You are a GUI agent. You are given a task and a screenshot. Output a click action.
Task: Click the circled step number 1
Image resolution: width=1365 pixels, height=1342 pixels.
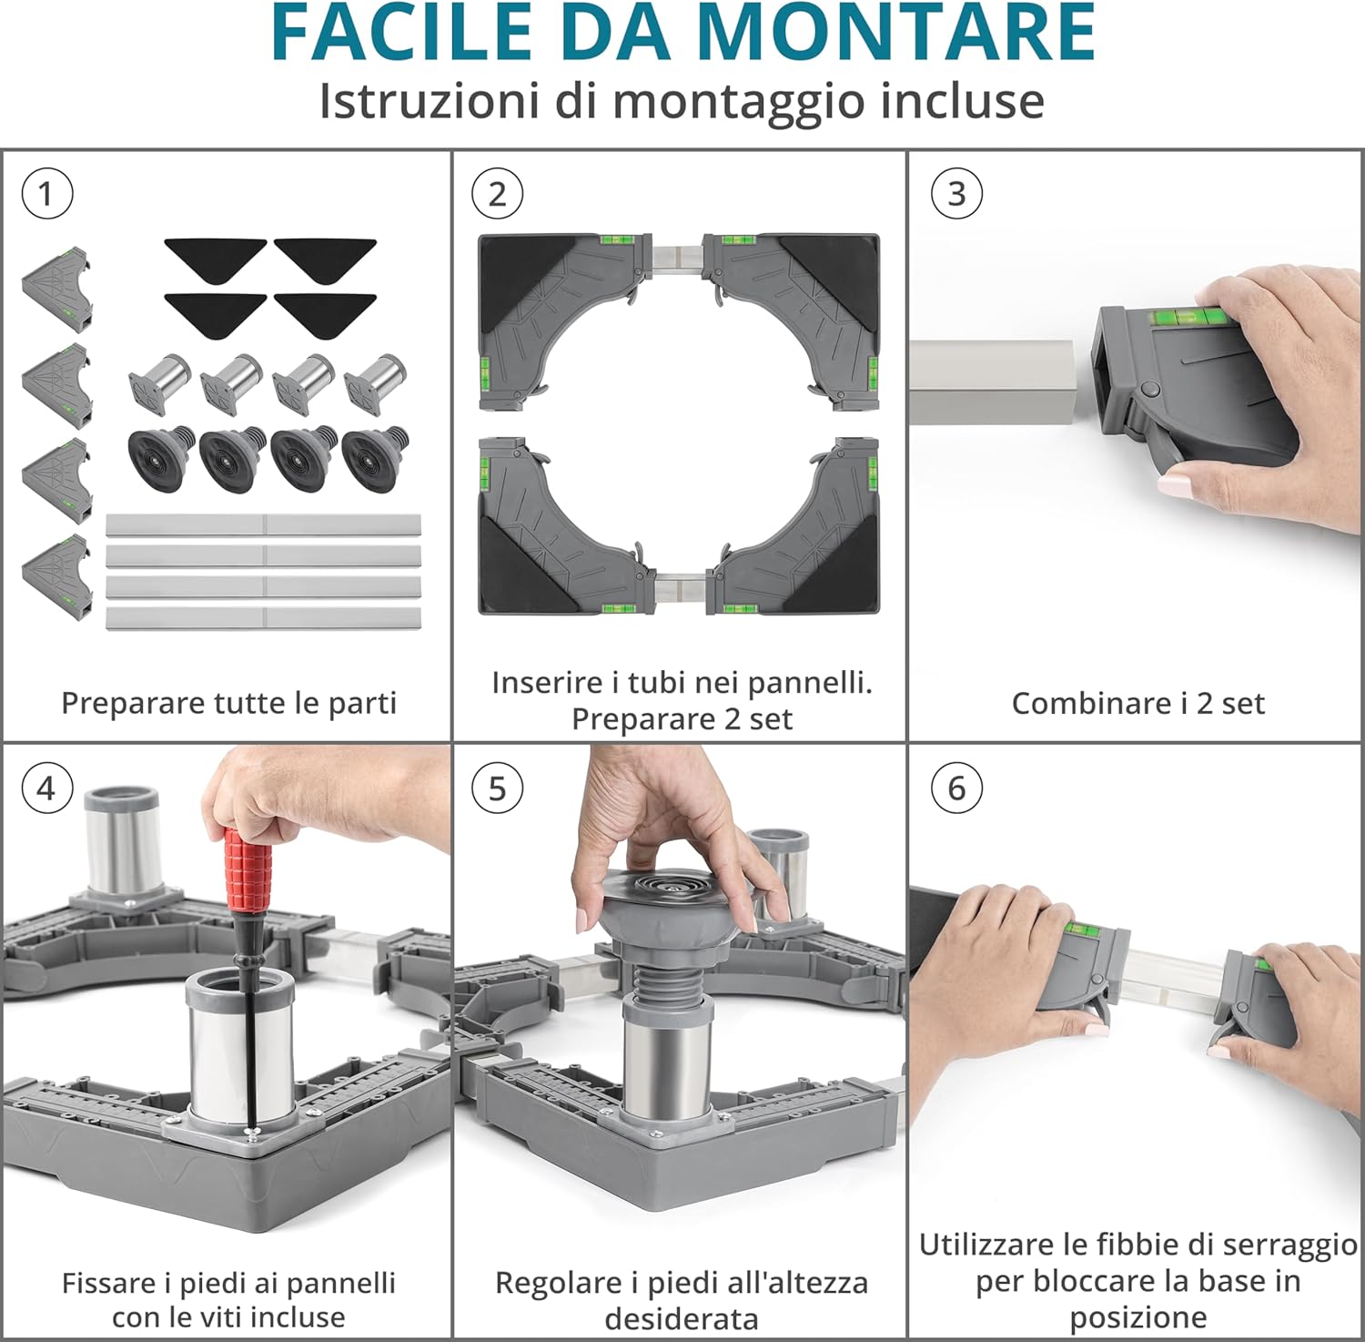click(46, 194)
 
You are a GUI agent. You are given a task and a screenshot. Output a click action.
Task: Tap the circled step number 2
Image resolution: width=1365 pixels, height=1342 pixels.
click(497, 194)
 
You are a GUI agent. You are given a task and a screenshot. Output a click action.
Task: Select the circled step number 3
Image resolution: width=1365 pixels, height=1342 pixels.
click(956, 194)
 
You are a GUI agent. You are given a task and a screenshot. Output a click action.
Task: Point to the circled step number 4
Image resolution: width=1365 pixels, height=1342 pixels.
click(46, 788)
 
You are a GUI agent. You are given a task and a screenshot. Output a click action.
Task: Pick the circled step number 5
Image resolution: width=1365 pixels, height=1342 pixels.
click(497, 788)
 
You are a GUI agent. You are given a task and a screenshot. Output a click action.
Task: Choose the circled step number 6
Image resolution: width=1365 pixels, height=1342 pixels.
click(956, 788)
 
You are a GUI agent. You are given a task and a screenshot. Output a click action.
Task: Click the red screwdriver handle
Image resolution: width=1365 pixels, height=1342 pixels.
click(248, 875)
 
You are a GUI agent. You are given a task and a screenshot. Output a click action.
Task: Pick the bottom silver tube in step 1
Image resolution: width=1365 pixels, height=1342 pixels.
click(263, 618)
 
